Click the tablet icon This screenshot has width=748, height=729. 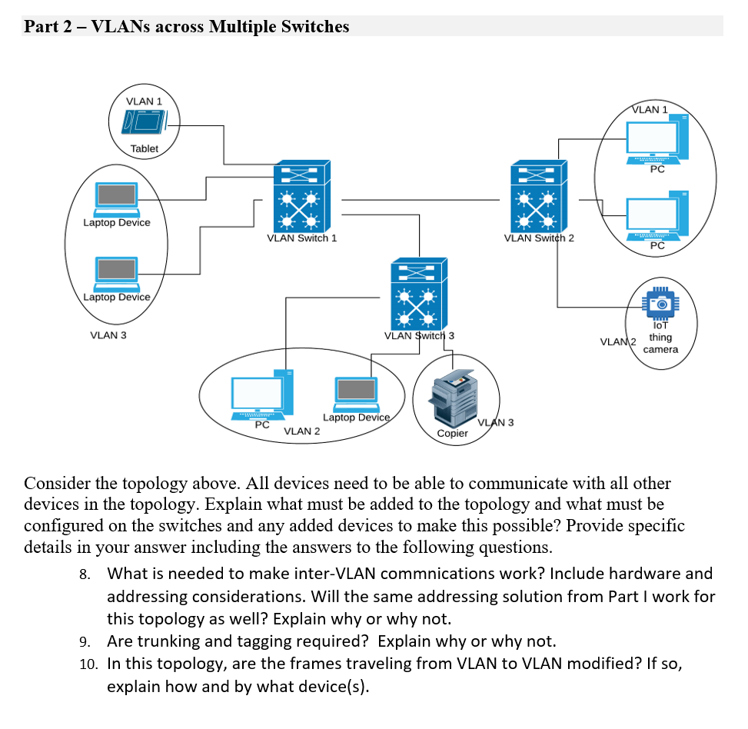144,123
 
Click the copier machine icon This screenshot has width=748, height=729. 453,396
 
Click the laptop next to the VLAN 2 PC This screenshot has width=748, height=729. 356,393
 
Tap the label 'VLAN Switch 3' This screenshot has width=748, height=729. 419,335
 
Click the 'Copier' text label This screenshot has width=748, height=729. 452,433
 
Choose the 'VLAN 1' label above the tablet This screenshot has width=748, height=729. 144,101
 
